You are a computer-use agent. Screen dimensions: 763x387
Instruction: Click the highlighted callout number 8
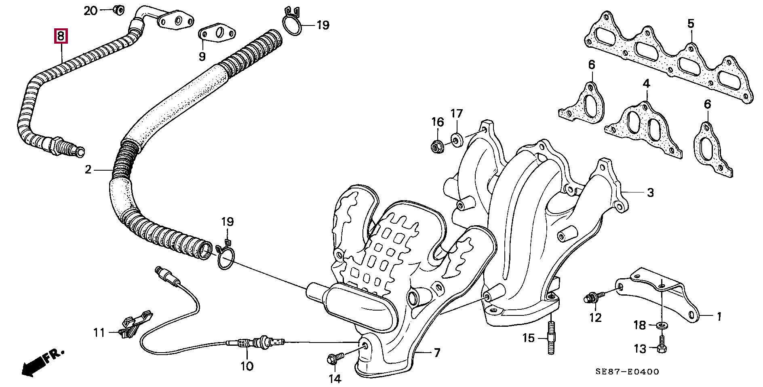(x=61, y=36)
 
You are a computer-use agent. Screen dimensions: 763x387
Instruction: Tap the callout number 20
(x=91, y=11)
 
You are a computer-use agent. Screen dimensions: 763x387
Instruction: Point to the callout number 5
(x=691, y=24)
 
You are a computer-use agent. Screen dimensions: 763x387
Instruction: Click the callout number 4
(x=646, y=84)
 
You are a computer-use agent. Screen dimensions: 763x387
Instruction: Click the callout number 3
(x=650, y=192)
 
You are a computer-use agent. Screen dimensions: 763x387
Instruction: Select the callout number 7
(x=436, y=353)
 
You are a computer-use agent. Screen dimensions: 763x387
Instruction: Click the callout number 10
(x=247, y=366)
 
